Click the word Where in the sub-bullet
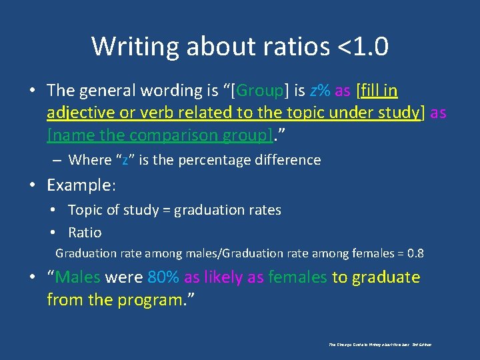coord(90,160)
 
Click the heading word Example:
coord(81,184)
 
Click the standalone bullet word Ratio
coord(85,233)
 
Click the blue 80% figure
coord(163,277)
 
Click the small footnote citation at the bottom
coord(380,345)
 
